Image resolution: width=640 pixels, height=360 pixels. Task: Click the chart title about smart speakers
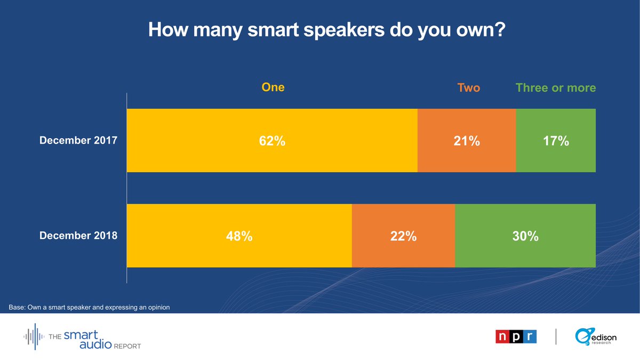tap(326, 30)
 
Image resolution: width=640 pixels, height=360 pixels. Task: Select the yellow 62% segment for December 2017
tap(272, 141)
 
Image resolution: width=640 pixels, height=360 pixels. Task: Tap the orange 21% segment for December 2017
tap(467, 141)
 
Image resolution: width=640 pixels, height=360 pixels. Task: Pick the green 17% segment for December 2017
tap(556, 141)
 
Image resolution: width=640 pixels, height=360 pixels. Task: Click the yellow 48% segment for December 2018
tap(239, 236)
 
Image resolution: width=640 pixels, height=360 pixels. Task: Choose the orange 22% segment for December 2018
tap(403, 236)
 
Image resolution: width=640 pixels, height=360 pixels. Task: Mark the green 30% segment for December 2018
tap(525, 236)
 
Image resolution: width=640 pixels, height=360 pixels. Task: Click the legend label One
tap(273, 87)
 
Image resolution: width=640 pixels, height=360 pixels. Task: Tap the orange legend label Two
tap(468, 88)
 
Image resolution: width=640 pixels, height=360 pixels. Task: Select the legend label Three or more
tap(555, 88)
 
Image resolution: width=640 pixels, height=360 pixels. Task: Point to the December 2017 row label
tap(79, 141)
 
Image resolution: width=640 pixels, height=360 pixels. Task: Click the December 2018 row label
tap(79, 235)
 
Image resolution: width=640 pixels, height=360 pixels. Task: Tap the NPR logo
tap(516, 337)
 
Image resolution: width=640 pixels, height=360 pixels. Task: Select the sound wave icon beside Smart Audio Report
tap(35, 337)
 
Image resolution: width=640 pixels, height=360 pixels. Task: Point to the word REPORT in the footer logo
tap(126, 346)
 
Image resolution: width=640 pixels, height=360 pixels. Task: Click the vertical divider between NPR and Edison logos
tap(556, 337)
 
